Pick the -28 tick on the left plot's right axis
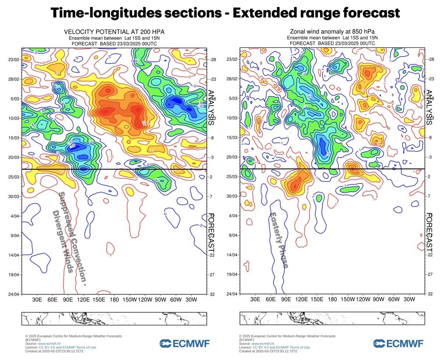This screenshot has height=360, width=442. [x=213, y=60]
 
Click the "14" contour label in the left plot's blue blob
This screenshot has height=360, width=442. [x=73, y=146]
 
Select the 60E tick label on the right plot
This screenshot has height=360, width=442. [x=271, y=300]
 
